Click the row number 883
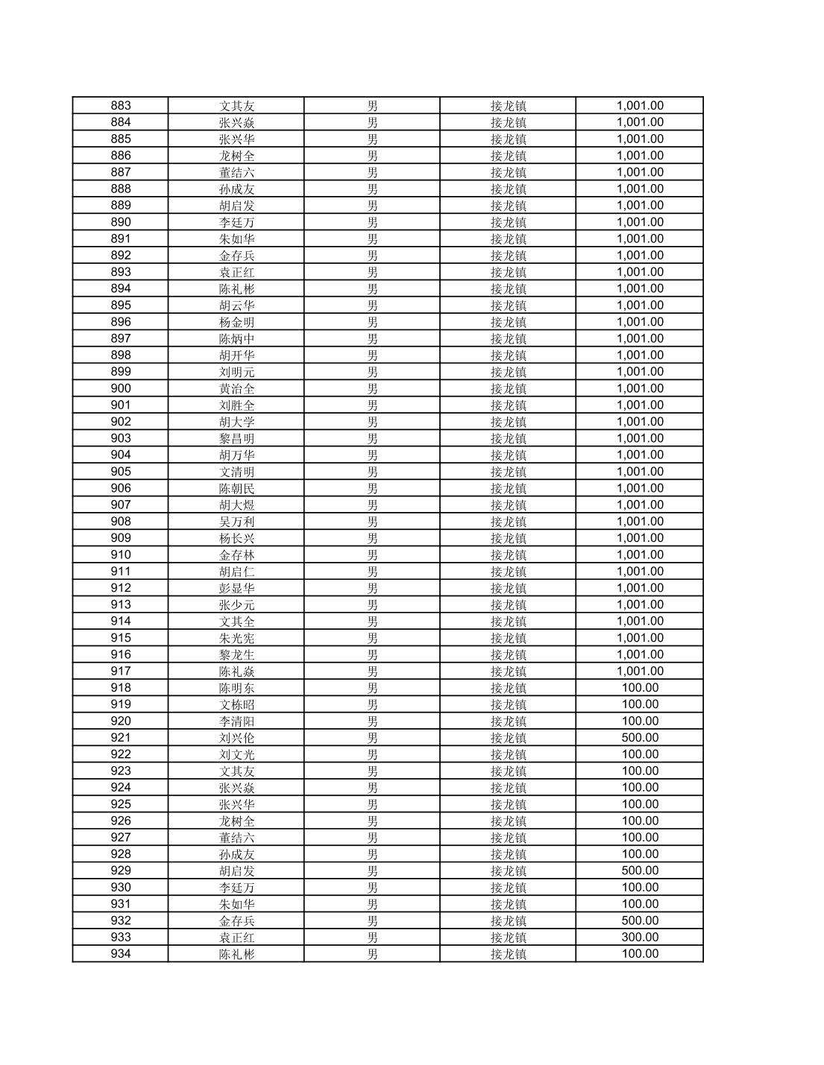coord(120,106)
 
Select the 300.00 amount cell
coord(640,938)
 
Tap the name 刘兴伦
coord(236,738)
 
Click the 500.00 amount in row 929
coord(640,870)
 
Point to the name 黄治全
coord(236,388)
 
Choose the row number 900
coord(120,388)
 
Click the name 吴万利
coord(236,522)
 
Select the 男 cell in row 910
coord(372,554)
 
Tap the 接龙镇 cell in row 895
coord(508,306)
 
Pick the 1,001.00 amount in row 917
coord(640,671)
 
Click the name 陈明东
coord(236,688)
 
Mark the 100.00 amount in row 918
coord(640,688)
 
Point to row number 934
coord(120,954)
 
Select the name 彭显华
coord(236,588)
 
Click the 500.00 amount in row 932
coord(640,920)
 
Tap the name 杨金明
coord(236,322)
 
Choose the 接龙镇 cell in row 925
coord(508,804)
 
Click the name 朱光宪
coord(236,638)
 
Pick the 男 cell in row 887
coord(372,172)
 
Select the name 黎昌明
coord(236,438)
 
